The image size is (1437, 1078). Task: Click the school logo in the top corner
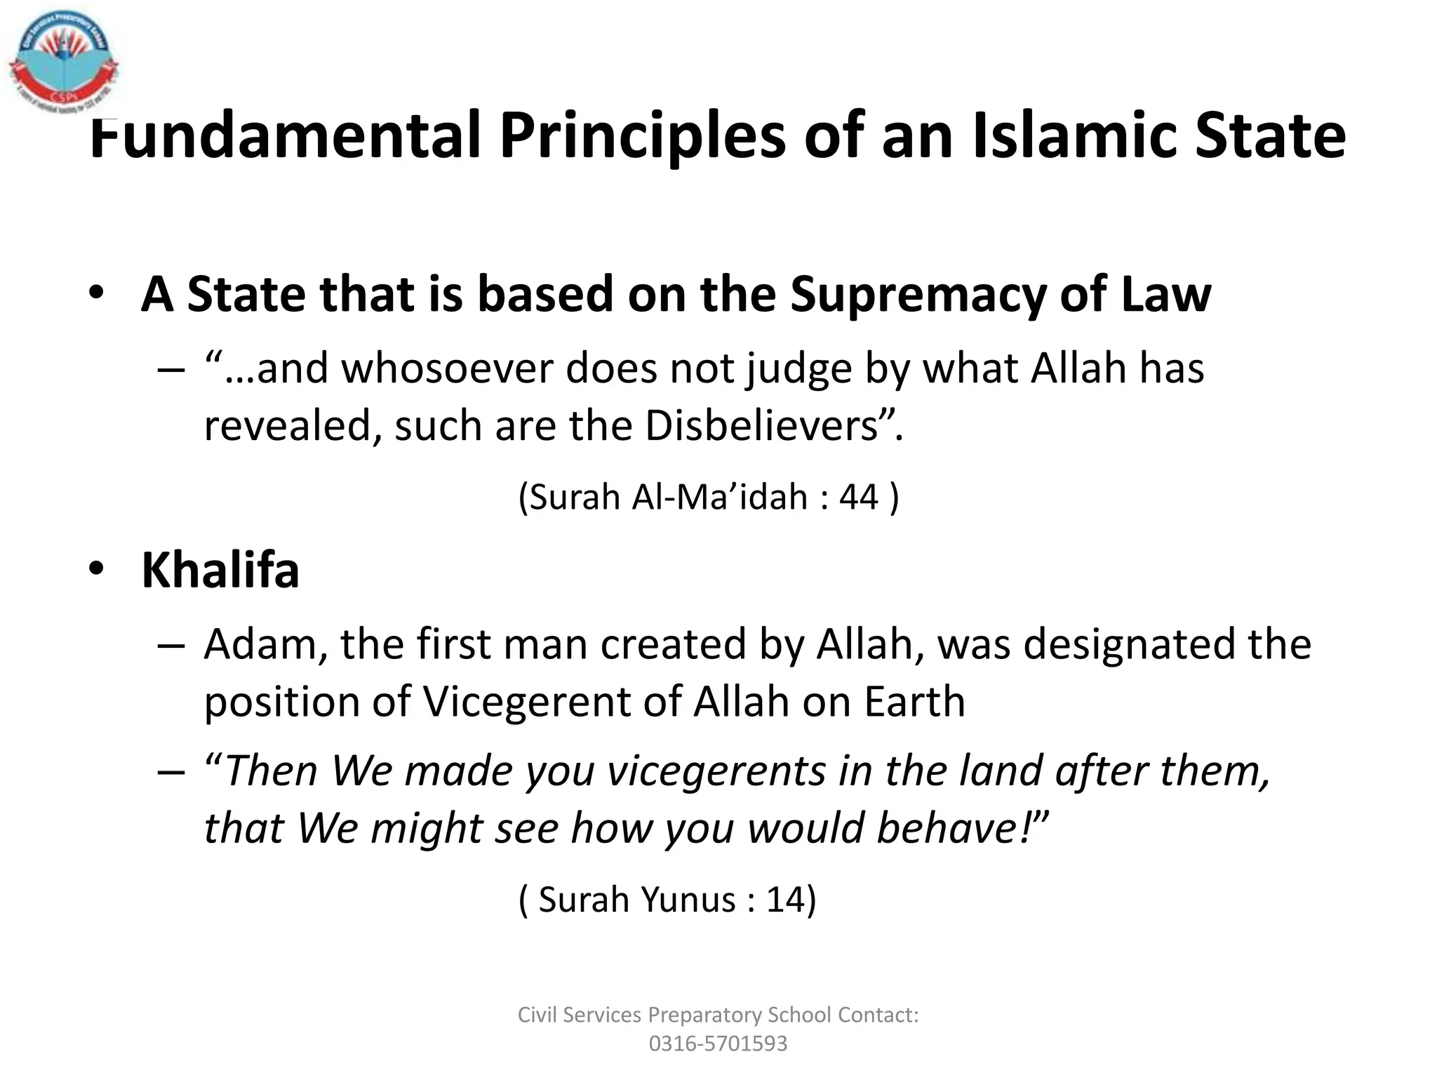63,60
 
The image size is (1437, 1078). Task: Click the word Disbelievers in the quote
762,426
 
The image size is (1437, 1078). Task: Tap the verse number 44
859,497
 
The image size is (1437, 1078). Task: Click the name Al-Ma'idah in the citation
720,497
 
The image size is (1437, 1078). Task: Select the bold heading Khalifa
220,570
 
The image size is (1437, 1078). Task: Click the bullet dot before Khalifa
96,568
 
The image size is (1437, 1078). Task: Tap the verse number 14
785,900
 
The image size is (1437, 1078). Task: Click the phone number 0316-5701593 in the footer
718,1044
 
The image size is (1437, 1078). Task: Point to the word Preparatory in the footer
704,1015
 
